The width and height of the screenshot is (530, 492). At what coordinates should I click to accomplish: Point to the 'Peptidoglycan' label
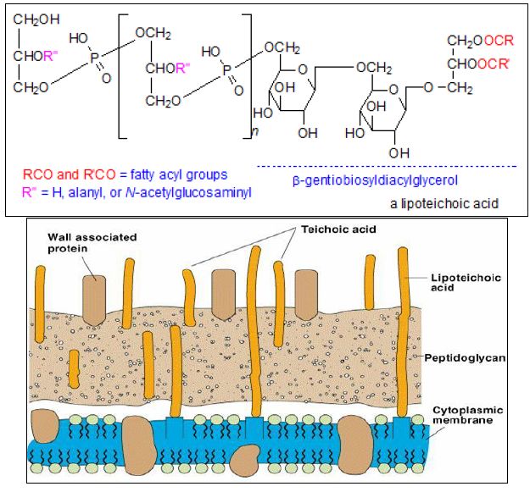[x=465, y=358]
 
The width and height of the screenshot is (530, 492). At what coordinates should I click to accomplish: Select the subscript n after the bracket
[x=255, y=133]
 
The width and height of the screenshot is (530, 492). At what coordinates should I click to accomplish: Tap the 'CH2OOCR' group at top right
[x=481, y=41]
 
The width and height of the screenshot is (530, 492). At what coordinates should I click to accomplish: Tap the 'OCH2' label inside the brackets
[x=154, y=35]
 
